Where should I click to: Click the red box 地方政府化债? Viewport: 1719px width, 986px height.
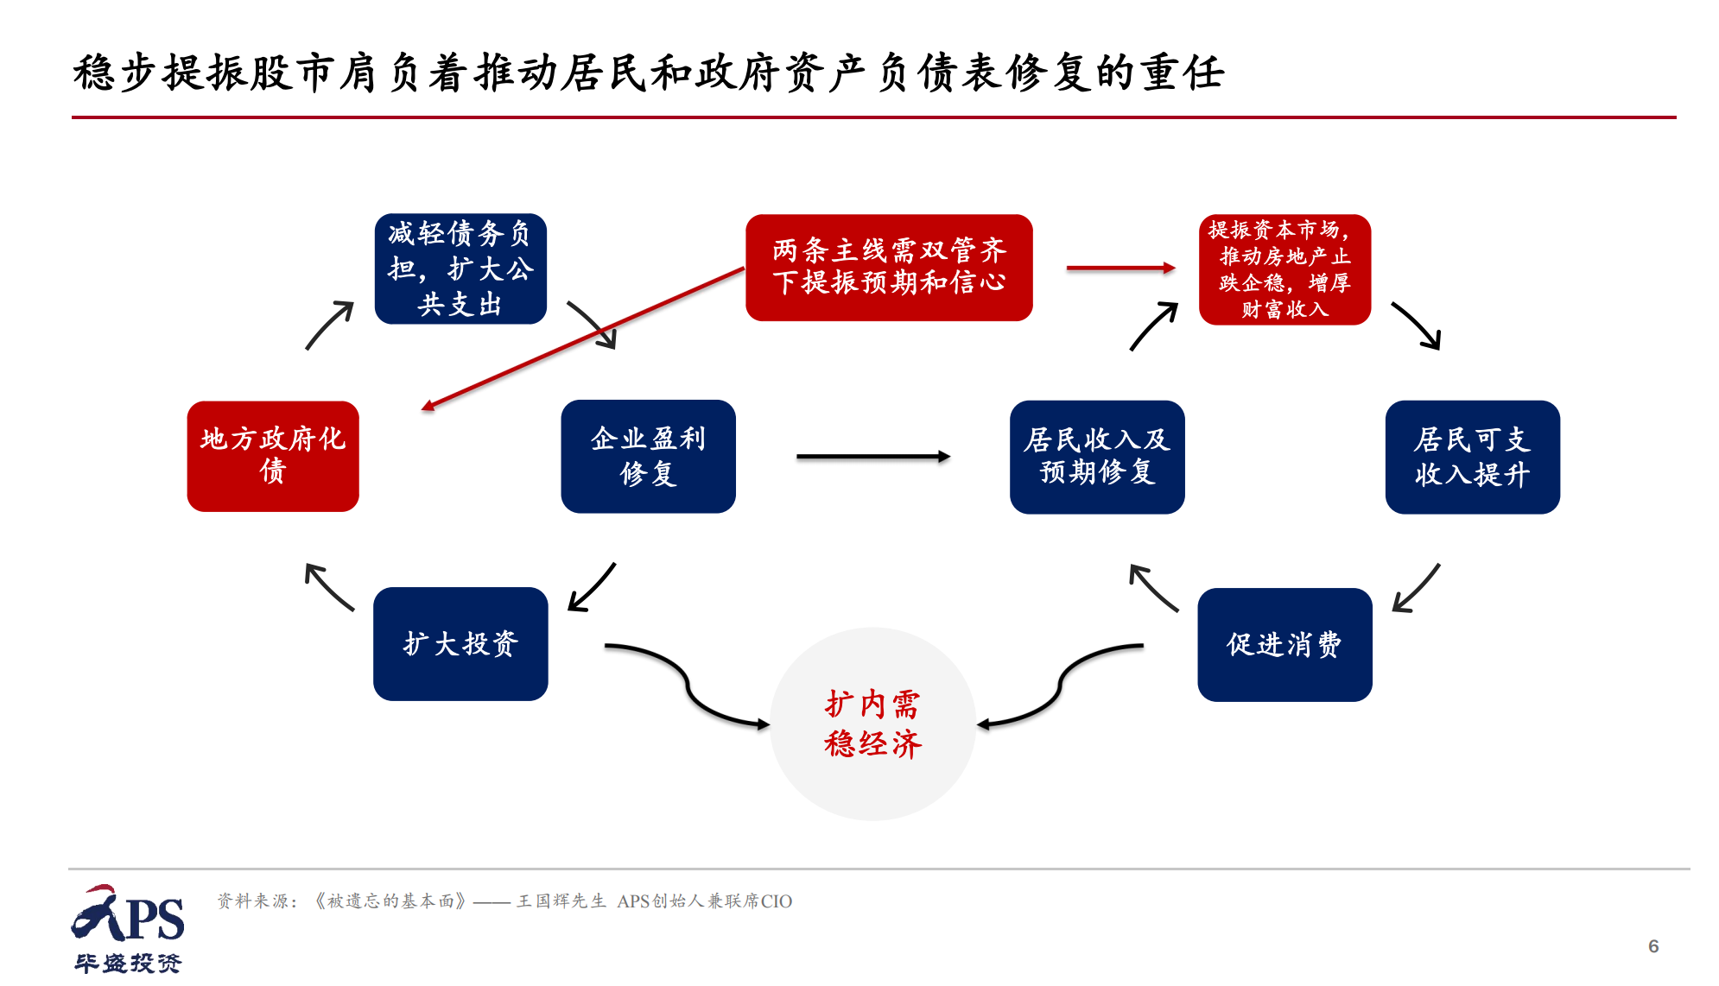[272, 456]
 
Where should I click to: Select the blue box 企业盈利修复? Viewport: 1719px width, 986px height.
[648, 456]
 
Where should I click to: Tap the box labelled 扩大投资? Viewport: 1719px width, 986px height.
[460, 644]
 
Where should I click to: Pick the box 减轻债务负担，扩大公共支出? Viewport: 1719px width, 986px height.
[460, 269]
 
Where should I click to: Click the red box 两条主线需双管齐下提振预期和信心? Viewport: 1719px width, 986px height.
[889, 268]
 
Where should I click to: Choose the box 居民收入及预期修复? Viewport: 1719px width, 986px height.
[1097, 457]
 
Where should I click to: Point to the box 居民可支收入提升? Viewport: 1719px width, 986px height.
[1472, 457]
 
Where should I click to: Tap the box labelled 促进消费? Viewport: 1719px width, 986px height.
[1284, 645]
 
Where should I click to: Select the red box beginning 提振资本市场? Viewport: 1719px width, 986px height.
[1284, 269]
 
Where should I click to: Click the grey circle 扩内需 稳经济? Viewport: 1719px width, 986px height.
[872, 724]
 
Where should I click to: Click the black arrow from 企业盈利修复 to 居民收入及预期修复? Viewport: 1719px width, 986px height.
[872, 457]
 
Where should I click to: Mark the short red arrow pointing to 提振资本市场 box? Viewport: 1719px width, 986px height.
[1120, 269]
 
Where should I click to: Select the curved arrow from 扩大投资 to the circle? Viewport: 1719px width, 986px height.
[687, 686]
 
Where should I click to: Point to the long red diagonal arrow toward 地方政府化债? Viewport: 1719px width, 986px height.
[584, 338]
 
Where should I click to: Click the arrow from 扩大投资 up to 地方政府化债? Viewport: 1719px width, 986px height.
[329, 587]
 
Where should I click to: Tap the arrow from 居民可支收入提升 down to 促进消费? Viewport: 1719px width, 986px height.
[1417, 588]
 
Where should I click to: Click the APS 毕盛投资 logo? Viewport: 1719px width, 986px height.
[128, 929]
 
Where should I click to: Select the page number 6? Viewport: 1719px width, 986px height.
[1653, 946]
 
